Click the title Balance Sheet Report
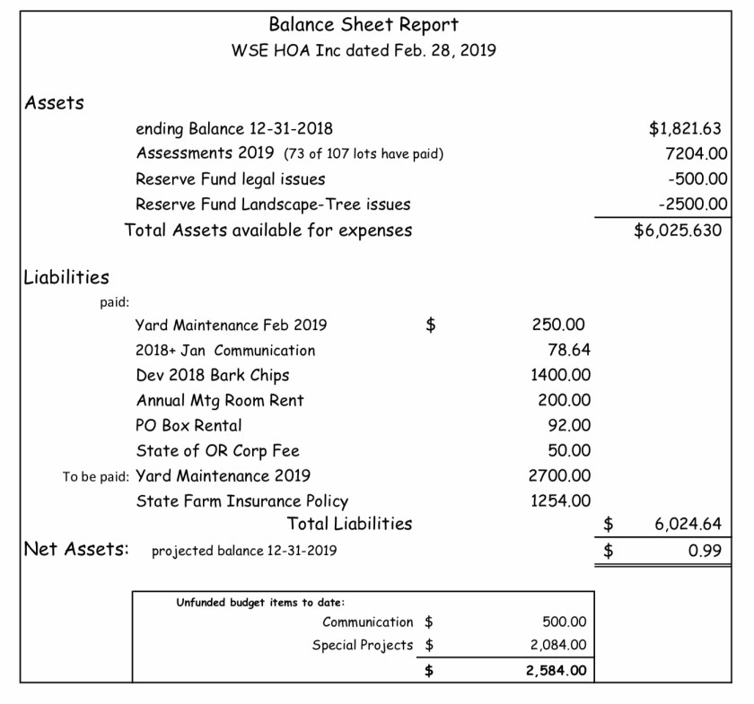(x=364, y=25)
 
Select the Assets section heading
(x=54, y=101)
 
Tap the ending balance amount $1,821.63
(x=686, y=129)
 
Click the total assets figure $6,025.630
(x=678, y=230)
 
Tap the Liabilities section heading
(x=66, y=277)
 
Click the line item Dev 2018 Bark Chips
(x=213, y=375)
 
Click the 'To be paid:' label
(x=97, y=476)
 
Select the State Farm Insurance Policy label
(x=241, y=500)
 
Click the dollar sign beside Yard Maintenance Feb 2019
(x=431, y=325)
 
